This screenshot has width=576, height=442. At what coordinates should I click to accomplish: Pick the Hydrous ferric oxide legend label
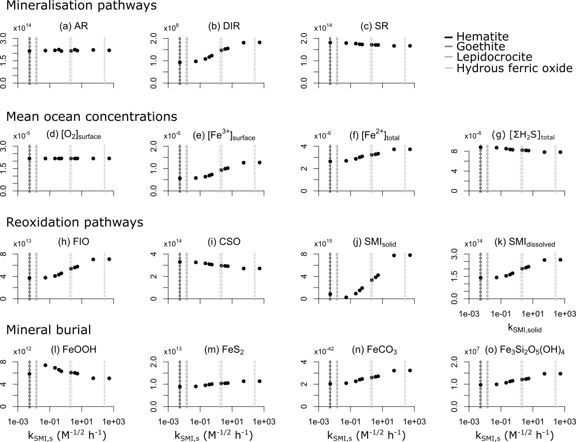pos(514,68)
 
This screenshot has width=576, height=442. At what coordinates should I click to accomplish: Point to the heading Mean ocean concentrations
pos(92,116)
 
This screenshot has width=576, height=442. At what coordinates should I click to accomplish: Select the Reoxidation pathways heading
pos(75,222)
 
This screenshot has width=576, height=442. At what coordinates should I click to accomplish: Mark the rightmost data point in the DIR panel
pos(259,43)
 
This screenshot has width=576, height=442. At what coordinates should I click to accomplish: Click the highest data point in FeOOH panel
pos(46,365)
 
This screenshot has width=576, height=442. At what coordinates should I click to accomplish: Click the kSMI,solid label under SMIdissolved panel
pos(525,329)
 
